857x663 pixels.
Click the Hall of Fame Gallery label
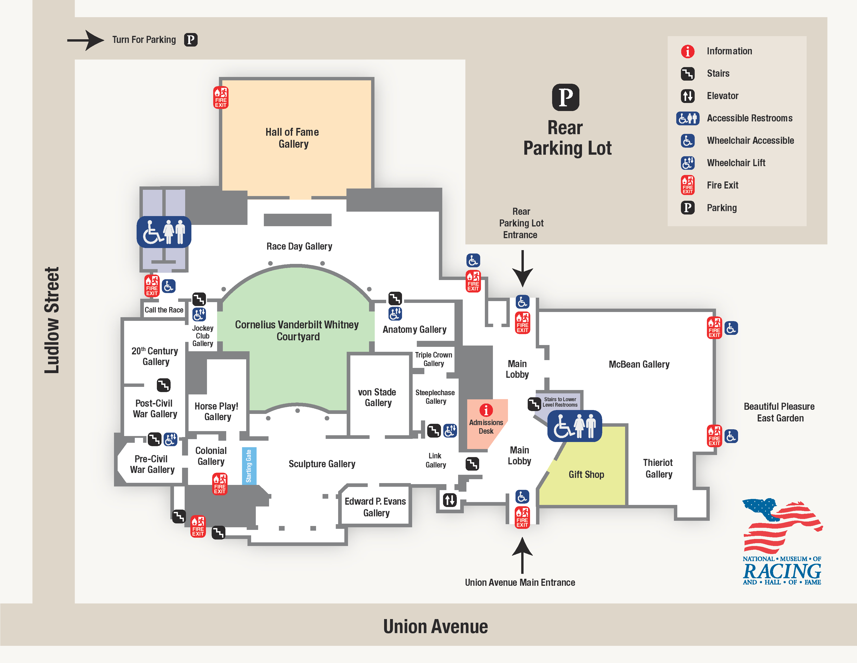pos(292,138)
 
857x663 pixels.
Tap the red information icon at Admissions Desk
pos(486,410)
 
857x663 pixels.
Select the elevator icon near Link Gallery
pos(450,500)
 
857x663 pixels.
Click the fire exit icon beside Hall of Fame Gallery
pos(220,97)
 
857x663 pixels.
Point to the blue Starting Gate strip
pos(249,466)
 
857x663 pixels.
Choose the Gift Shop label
pos(586,474)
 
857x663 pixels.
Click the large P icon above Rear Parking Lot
pos(565,97)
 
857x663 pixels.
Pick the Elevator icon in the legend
pos(687,96)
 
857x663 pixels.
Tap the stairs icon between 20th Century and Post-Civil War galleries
pos(164,385)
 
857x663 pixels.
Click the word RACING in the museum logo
pos(782,571)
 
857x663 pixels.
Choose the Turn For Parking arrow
pos(85,40)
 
